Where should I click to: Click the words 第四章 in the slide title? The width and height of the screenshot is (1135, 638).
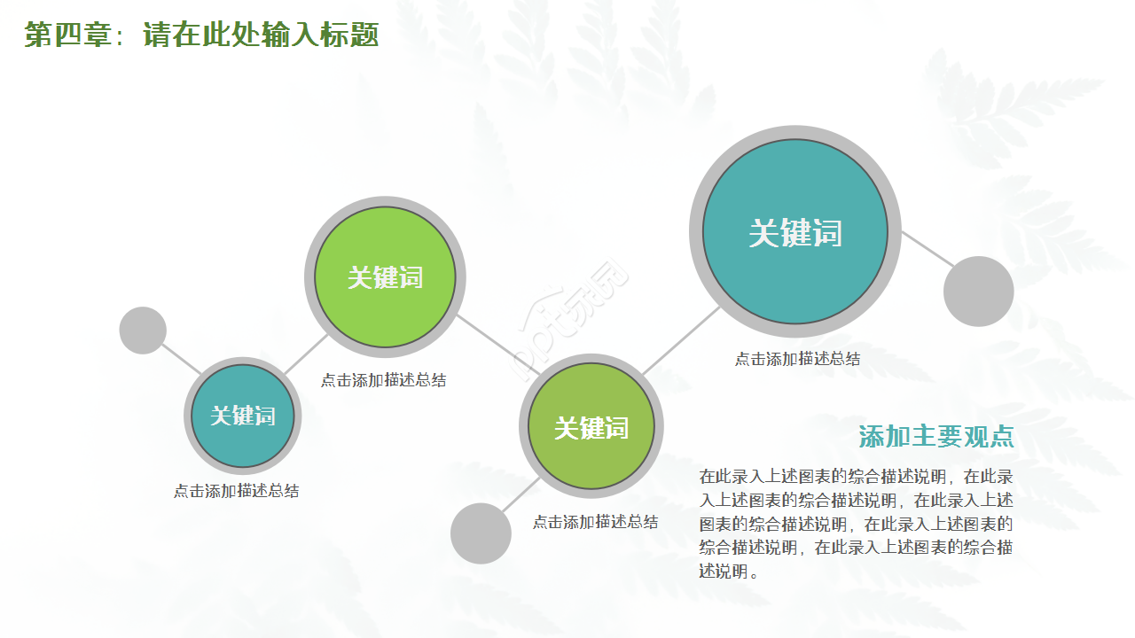[67, 35]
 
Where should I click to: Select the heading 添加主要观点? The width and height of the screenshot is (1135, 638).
[935, 437]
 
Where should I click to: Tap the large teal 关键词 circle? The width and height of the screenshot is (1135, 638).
[795, 232]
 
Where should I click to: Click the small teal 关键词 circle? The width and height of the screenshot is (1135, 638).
[242, 416]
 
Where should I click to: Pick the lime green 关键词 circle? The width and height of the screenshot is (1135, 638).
[385, 277]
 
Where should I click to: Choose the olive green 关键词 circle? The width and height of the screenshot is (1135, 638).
[591, 428]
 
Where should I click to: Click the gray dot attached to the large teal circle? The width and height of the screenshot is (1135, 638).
[978, 292]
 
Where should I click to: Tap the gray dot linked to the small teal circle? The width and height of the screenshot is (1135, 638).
[143, 331]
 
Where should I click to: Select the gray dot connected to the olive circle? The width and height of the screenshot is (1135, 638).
[481, 533]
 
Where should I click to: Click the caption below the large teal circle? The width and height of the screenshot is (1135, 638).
[797, 359]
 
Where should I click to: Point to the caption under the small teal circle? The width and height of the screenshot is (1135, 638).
[236, 491]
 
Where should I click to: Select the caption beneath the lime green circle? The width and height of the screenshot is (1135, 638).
[383, 380]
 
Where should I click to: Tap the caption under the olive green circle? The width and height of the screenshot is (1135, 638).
[595, 522]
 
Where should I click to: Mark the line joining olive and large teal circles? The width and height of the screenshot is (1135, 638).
[681, 340]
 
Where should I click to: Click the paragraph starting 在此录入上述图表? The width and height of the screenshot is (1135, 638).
[856, 524]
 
